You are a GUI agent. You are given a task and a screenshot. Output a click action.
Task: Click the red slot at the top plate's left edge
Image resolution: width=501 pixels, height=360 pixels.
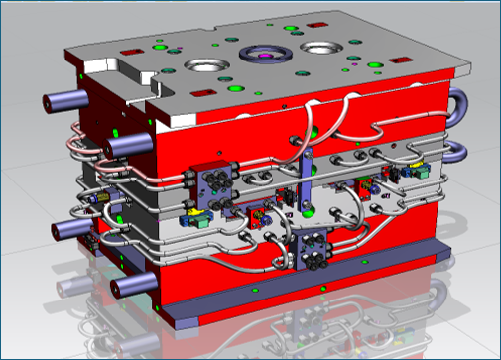(129, 52)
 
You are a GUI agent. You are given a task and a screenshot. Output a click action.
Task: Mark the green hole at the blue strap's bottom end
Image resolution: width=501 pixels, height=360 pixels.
(309, 211)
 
